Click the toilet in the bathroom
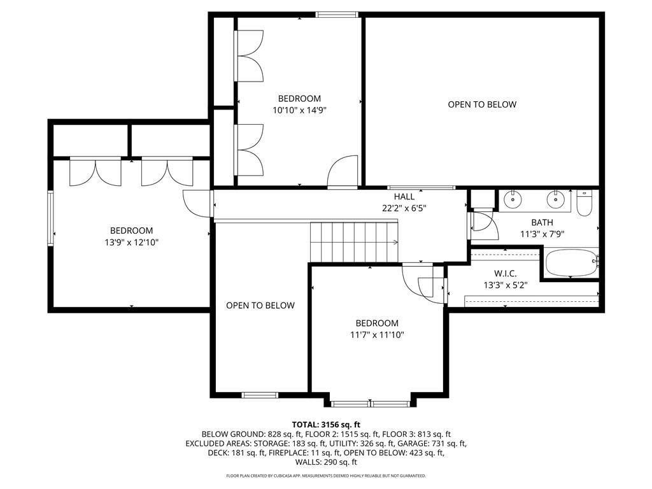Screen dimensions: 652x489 click(585, 203)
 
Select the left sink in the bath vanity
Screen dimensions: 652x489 click(514, 199)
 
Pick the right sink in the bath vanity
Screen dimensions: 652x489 click(555, 199)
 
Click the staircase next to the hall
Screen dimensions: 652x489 click(354, 242)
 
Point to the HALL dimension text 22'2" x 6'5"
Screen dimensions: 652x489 click(404, 208)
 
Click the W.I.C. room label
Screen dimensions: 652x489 click(505, 274)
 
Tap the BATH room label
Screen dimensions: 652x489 click(542, 222)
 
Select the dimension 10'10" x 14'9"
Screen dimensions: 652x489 click(299, 110)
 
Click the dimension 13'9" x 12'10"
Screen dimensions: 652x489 click(132, 243)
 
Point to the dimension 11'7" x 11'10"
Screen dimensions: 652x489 click(377, 335)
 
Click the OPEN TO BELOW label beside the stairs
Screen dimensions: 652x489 click(260, 306)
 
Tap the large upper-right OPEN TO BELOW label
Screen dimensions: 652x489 click(482, 104)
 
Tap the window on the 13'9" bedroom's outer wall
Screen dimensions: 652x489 click(50, 218)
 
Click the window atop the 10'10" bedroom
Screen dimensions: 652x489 click(337, 15)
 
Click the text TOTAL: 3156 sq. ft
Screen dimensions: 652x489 click(326, 425)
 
